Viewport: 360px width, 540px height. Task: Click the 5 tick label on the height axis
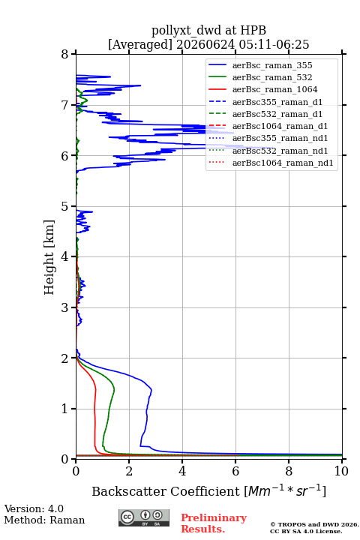(65, 206)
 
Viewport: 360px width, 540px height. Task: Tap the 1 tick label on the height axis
(65, 409)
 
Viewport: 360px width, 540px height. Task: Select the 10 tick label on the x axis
(341, 471)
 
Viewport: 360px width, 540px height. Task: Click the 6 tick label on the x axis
(235, 471)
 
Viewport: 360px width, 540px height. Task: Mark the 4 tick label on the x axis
(182, 471)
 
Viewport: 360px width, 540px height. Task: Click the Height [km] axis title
(49, 257)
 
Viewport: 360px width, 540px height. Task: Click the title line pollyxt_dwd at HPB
(208, 30)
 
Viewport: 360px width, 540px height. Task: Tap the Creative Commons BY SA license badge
(144, 517)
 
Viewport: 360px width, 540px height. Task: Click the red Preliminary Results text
(214, 523)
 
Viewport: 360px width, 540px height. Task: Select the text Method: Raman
(44, 520)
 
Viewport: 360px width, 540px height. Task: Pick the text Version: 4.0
(34, 508)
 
